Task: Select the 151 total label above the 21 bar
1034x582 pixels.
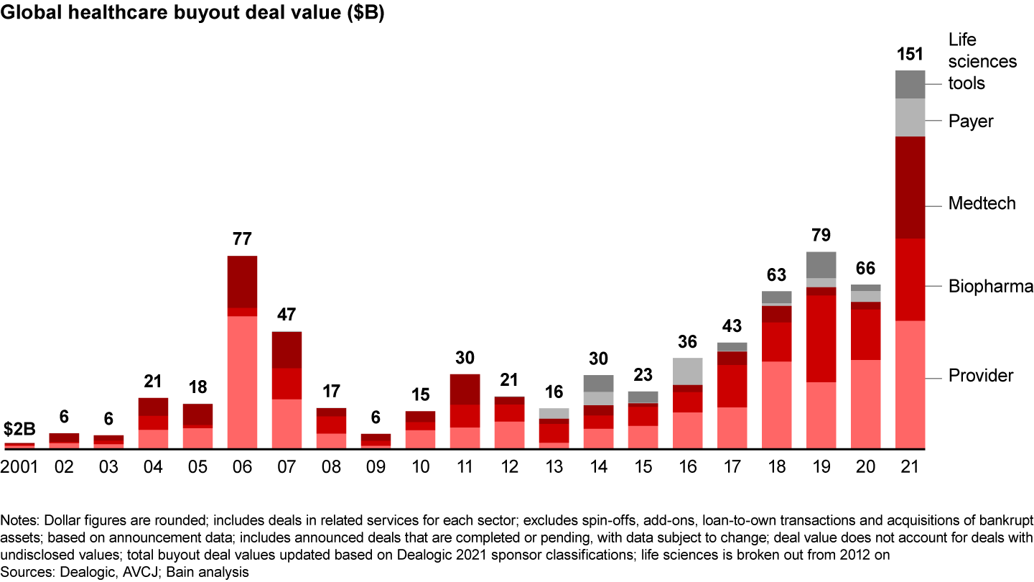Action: [x=910, y=54]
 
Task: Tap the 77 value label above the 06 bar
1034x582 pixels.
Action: [x=242, y=239]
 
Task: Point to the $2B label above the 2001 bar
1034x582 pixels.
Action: [x=19, y=430]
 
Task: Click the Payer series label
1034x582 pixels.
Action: [x=971, y=121]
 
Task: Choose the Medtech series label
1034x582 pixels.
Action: [x=982, y=203]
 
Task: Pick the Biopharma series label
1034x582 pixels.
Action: [x=990, y=287]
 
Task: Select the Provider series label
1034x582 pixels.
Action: [x=981, y=376]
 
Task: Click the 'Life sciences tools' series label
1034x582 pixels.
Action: [x=982, y=61]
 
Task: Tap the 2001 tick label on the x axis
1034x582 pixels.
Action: [x=19, y=467]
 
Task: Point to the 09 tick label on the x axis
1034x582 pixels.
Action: [x=376, y=467]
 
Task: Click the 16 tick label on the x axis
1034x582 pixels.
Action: [x=687, y=467]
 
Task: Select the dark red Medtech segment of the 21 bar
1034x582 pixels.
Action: [x=910, y=187]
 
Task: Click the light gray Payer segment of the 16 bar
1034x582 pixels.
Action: [x=687, y=371]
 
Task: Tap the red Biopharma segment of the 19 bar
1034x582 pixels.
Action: [x=821, y=338]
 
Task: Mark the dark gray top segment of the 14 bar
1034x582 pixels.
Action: [x=598, y=383]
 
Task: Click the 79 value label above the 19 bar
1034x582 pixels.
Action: [x=821, y=235]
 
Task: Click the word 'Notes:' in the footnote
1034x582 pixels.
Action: [x=19, y=519]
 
